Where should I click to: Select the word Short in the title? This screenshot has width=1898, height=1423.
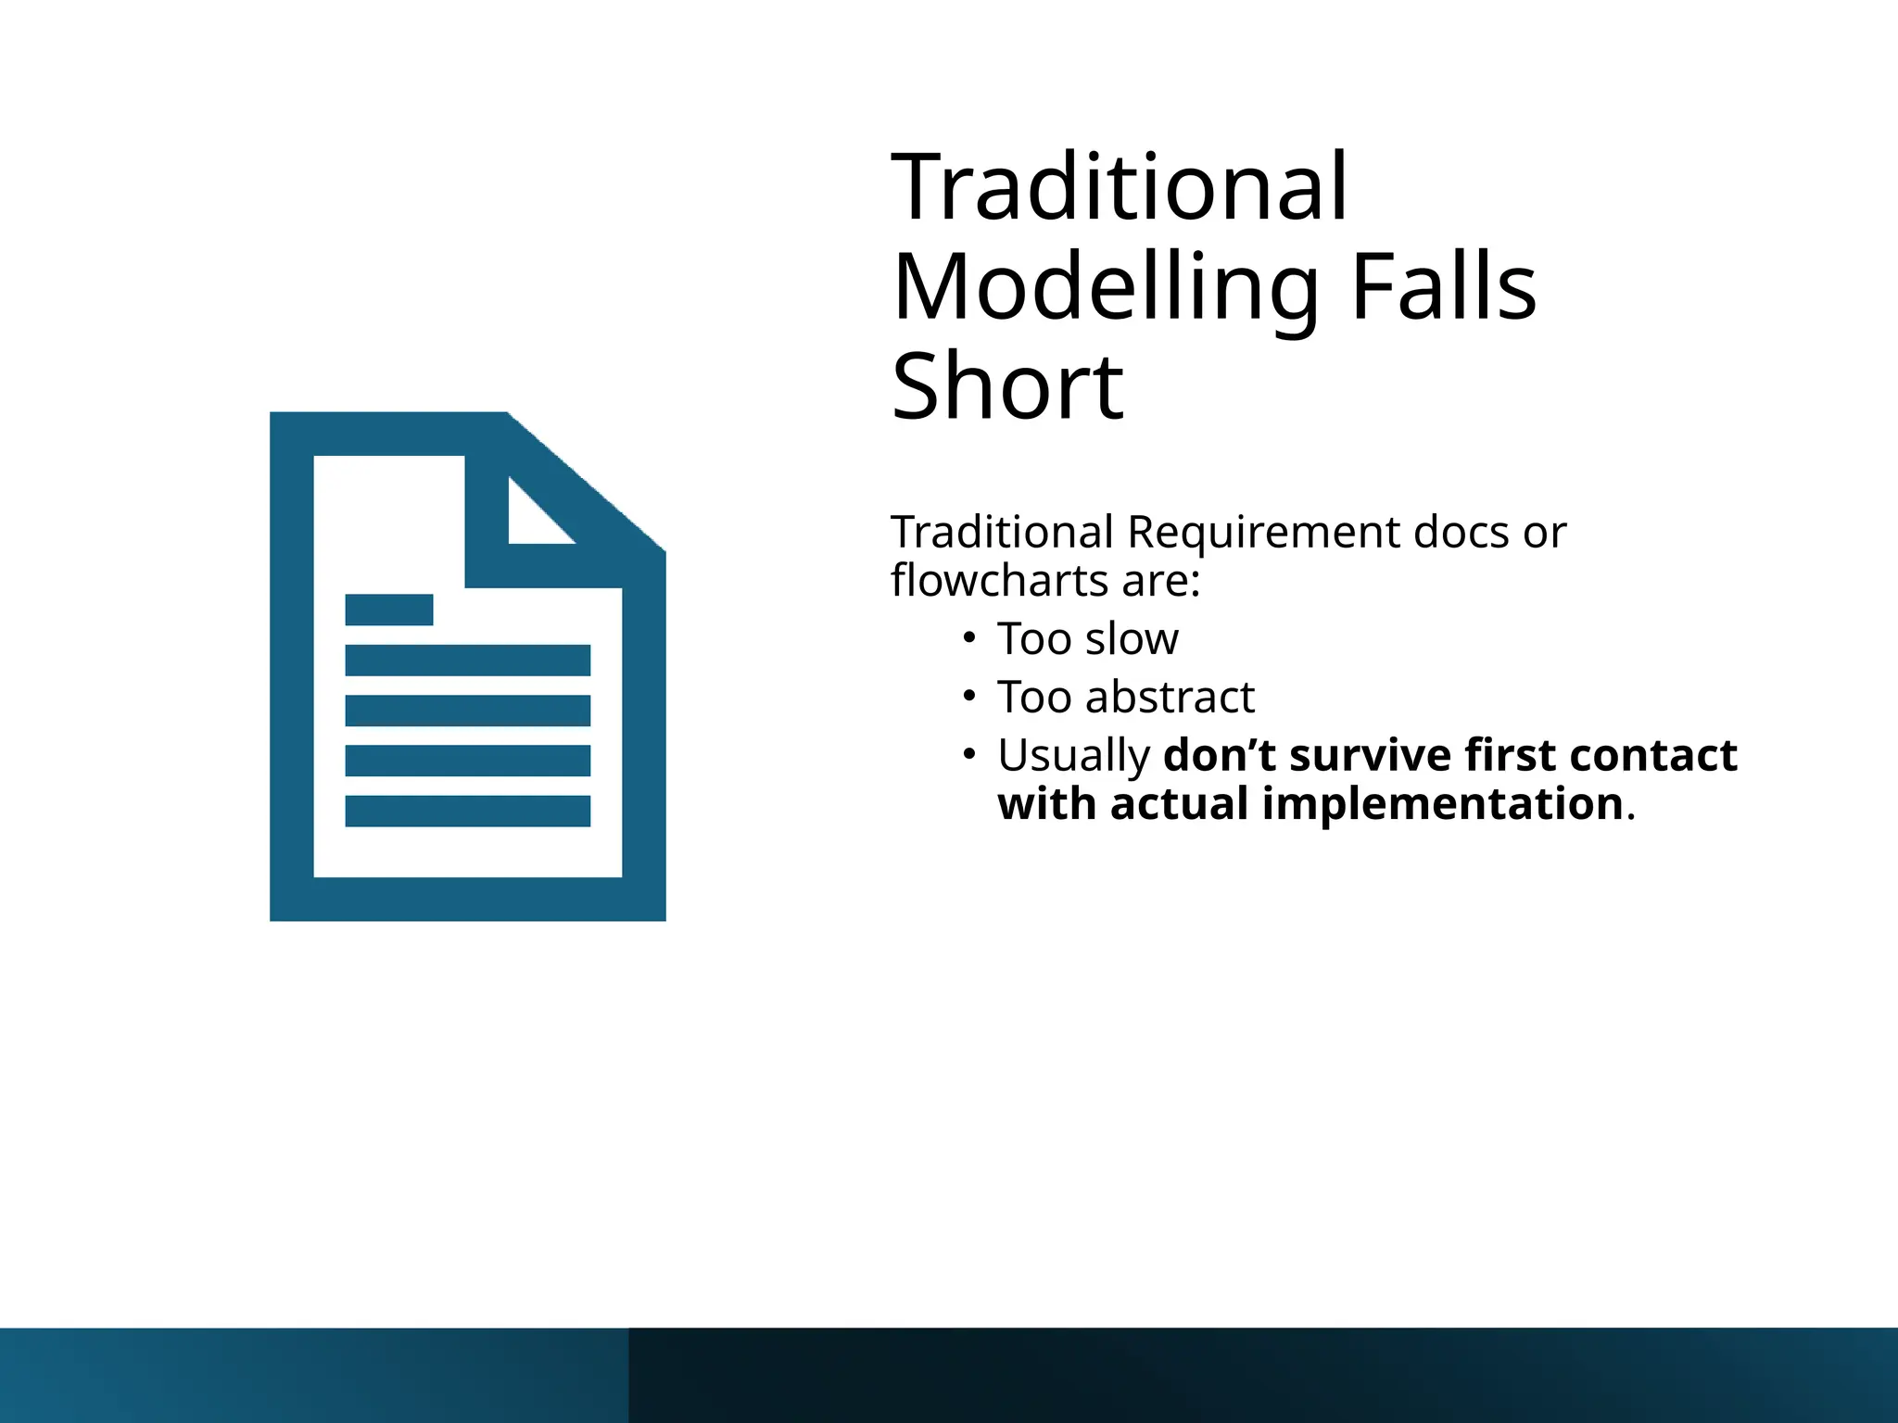[1007, 386]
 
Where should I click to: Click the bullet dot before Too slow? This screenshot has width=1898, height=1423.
[969, 637]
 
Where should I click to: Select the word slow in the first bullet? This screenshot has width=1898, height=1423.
[1132, 639]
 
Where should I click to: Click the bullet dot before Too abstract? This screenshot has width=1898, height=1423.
[969, 696]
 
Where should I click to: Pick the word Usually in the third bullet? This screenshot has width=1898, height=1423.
[1073, 756]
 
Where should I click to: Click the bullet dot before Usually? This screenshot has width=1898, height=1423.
[969, 754]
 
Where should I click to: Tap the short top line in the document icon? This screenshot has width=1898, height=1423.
[388, 610]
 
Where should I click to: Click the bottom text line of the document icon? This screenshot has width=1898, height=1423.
[467, 811]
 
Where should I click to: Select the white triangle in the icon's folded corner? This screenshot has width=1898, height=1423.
[531, 520]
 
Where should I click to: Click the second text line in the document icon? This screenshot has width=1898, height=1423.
[467, 661]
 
